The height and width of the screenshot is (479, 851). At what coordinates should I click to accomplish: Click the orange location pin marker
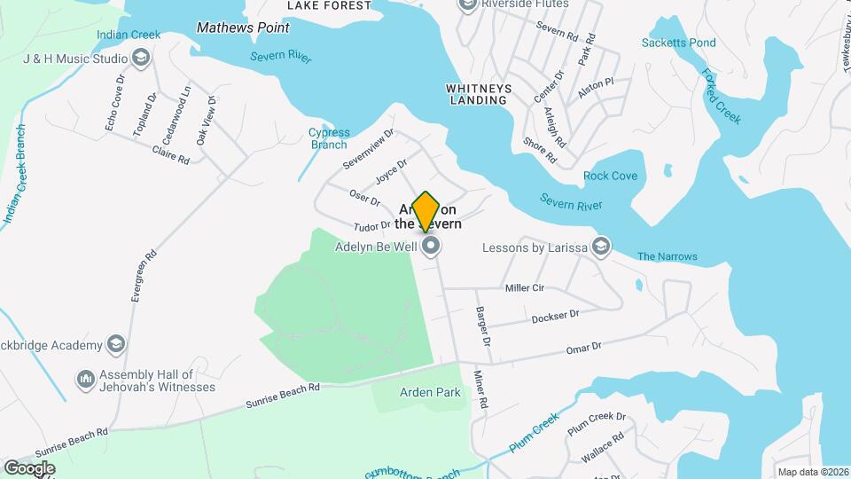(x=425, y=211)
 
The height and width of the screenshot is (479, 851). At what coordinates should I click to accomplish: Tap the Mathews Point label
(x=230, y=27)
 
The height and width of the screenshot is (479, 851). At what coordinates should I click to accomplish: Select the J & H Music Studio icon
(x=140, y=59)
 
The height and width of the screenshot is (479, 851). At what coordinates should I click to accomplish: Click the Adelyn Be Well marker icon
(x=431, y=247)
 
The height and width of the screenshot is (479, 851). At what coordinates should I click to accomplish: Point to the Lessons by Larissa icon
(x=601, y=246)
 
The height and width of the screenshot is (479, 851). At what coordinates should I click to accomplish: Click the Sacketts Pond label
(x=679, y=43)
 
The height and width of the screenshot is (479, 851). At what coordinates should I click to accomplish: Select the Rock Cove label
(x=610, y=176)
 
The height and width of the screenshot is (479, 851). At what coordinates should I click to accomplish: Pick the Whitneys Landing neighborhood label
(x=476, y=94)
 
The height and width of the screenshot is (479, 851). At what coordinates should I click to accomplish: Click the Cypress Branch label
(x=329, y=138)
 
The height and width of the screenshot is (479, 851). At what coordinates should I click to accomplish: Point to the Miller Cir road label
(x=524, y=287)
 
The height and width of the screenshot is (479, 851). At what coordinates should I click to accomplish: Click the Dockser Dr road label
(x=556, y=317)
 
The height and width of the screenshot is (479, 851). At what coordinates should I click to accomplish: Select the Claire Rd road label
(x=171, y=154)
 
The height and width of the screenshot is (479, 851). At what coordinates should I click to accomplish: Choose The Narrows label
(x=667, y=257)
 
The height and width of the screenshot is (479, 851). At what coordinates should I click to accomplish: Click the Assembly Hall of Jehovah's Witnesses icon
(x=86, y=380)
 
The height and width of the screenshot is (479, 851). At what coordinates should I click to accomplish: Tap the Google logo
(x=29, y=467)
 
